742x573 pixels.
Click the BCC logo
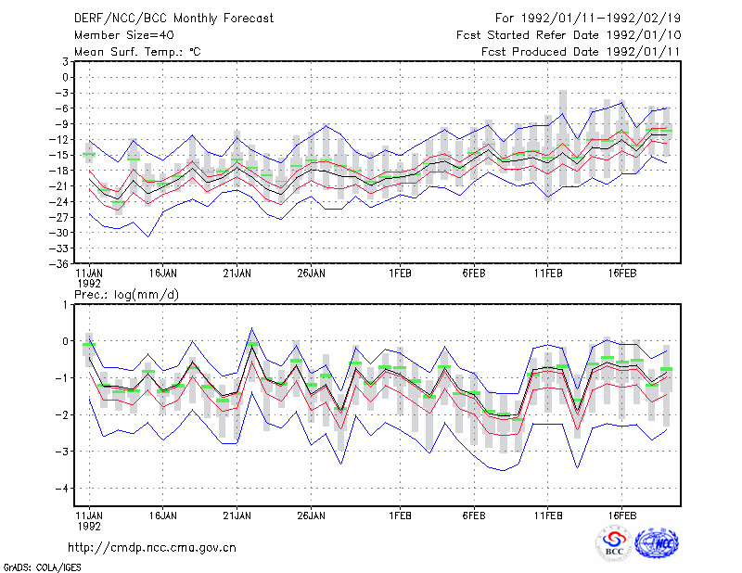614,543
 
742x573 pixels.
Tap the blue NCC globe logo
657,543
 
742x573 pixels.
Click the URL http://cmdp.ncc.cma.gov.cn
152,548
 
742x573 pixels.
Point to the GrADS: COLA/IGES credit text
42,567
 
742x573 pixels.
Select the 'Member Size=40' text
124,35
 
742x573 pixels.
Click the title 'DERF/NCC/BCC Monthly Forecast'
173,19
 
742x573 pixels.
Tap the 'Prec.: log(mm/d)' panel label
126,295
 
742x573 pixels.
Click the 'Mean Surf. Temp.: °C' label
137,52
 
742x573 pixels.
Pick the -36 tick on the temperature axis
59,264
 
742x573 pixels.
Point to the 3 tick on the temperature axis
65,61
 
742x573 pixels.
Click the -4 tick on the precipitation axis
61,489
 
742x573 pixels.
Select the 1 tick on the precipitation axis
65,305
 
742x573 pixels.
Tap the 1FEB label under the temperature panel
401,274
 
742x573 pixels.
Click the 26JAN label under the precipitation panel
312,516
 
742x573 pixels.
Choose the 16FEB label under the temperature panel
622,274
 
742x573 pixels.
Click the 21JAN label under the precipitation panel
237,516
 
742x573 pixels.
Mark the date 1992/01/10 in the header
644,35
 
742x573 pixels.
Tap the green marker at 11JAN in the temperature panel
89,154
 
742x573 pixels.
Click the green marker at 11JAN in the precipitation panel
89,345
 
